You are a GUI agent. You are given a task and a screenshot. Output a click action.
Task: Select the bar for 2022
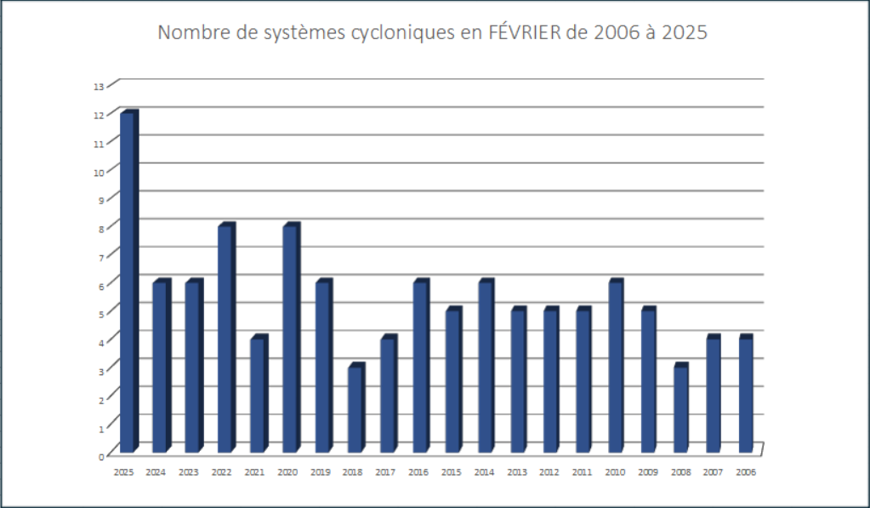point(225,339)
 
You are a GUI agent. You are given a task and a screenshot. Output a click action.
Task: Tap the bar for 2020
point(291,339)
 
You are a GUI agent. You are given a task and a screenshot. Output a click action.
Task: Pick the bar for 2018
point(355,408)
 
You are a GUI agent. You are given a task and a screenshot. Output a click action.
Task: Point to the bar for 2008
point(680,408)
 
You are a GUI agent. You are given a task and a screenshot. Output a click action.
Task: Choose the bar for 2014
point(486,366)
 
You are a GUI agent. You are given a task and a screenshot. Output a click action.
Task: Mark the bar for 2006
point(746,395)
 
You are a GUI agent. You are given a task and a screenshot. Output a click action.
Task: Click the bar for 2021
point(258,395)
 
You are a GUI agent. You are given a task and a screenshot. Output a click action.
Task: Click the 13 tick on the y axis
point(99,86)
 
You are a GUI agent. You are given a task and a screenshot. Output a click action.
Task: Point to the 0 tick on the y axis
point(100,455)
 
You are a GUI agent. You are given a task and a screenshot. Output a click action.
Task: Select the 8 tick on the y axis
point(100,228)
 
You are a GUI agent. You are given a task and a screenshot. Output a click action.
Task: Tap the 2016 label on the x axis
point(418,472)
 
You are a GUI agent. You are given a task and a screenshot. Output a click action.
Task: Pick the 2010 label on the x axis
point(614,472)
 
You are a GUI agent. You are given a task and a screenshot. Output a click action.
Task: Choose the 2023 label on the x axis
point(189,472)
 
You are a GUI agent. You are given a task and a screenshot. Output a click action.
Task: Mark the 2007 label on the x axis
point(713,472)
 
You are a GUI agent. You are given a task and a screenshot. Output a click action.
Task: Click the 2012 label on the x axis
point(549,472)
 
